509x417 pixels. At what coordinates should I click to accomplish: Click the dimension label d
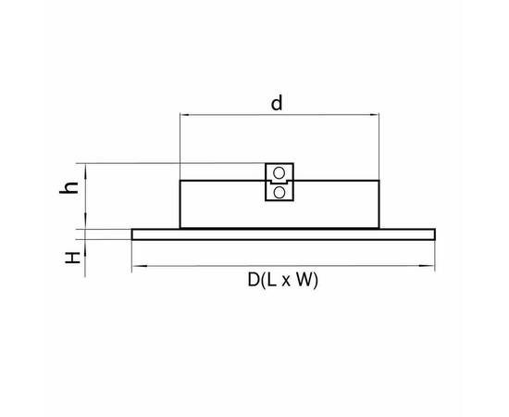pyautogui.click(x=277, y=103)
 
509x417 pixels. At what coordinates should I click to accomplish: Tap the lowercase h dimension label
pyautogui.click(x=68, y=187)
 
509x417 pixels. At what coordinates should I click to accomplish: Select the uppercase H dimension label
pyautogui.click(x=73, y=258)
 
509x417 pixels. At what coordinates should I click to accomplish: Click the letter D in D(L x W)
pyautogui.click(x=254, y=280)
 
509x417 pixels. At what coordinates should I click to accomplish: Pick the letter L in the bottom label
pyautogui.click(x=271, y=280)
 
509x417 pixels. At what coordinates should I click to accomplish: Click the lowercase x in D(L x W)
pyautogui.click(x=286, y=282)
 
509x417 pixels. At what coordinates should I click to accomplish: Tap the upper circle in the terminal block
pyautogui.click(x=279, y=173)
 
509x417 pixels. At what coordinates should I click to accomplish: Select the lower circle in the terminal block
pyautogui.click(x=279, y=193)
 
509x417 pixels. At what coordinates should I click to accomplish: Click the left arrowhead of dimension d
pyautogui.click(x=185, y=115)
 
